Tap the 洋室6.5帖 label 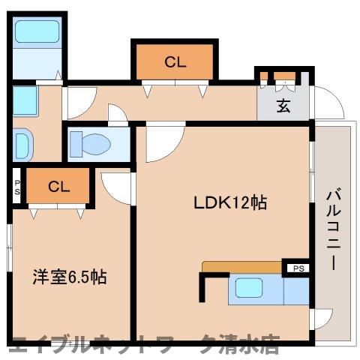pyautogui.click(x=69, y=277)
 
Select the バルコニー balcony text pyautogui.click(x=332, y=231)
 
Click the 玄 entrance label pyautogui.click(x=283, y=106)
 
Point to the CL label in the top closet pyautogui.click(x=175, y=63)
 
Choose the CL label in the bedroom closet pyautogui.click(x=58, y=187)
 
